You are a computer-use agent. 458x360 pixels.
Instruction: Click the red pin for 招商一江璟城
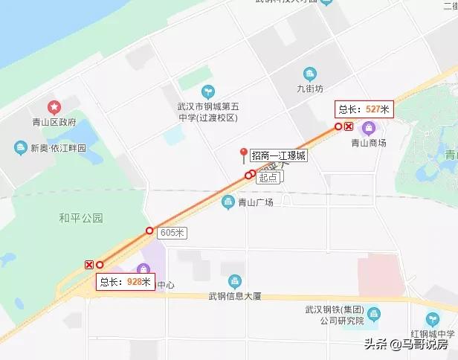tap(242, 155)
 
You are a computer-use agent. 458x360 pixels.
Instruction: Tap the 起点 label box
tap(268, 178)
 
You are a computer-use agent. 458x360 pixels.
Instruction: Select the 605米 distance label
tap(172, 233)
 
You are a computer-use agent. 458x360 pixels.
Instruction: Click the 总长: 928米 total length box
tap(125, 282)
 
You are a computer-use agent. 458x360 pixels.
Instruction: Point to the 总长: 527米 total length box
tap(363, 109)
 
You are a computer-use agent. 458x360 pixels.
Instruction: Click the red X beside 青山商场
tap(349, 126)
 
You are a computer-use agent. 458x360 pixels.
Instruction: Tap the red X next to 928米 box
tap(89, 265)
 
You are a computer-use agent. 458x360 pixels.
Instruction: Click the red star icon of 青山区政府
tap(53, 108)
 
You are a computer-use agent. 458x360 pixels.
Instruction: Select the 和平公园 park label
tap(80, 218)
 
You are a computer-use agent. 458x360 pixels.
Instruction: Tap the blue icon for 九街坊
tap(309, 74)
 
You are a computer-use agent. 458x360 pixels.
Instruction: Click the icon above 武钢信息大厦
tap(234, 281)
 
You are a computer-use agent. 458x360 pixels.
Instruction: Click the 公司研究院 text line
tap(338, 321)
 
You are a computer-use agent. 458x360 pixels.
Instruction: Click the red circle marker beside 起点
tap(249, 176)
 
